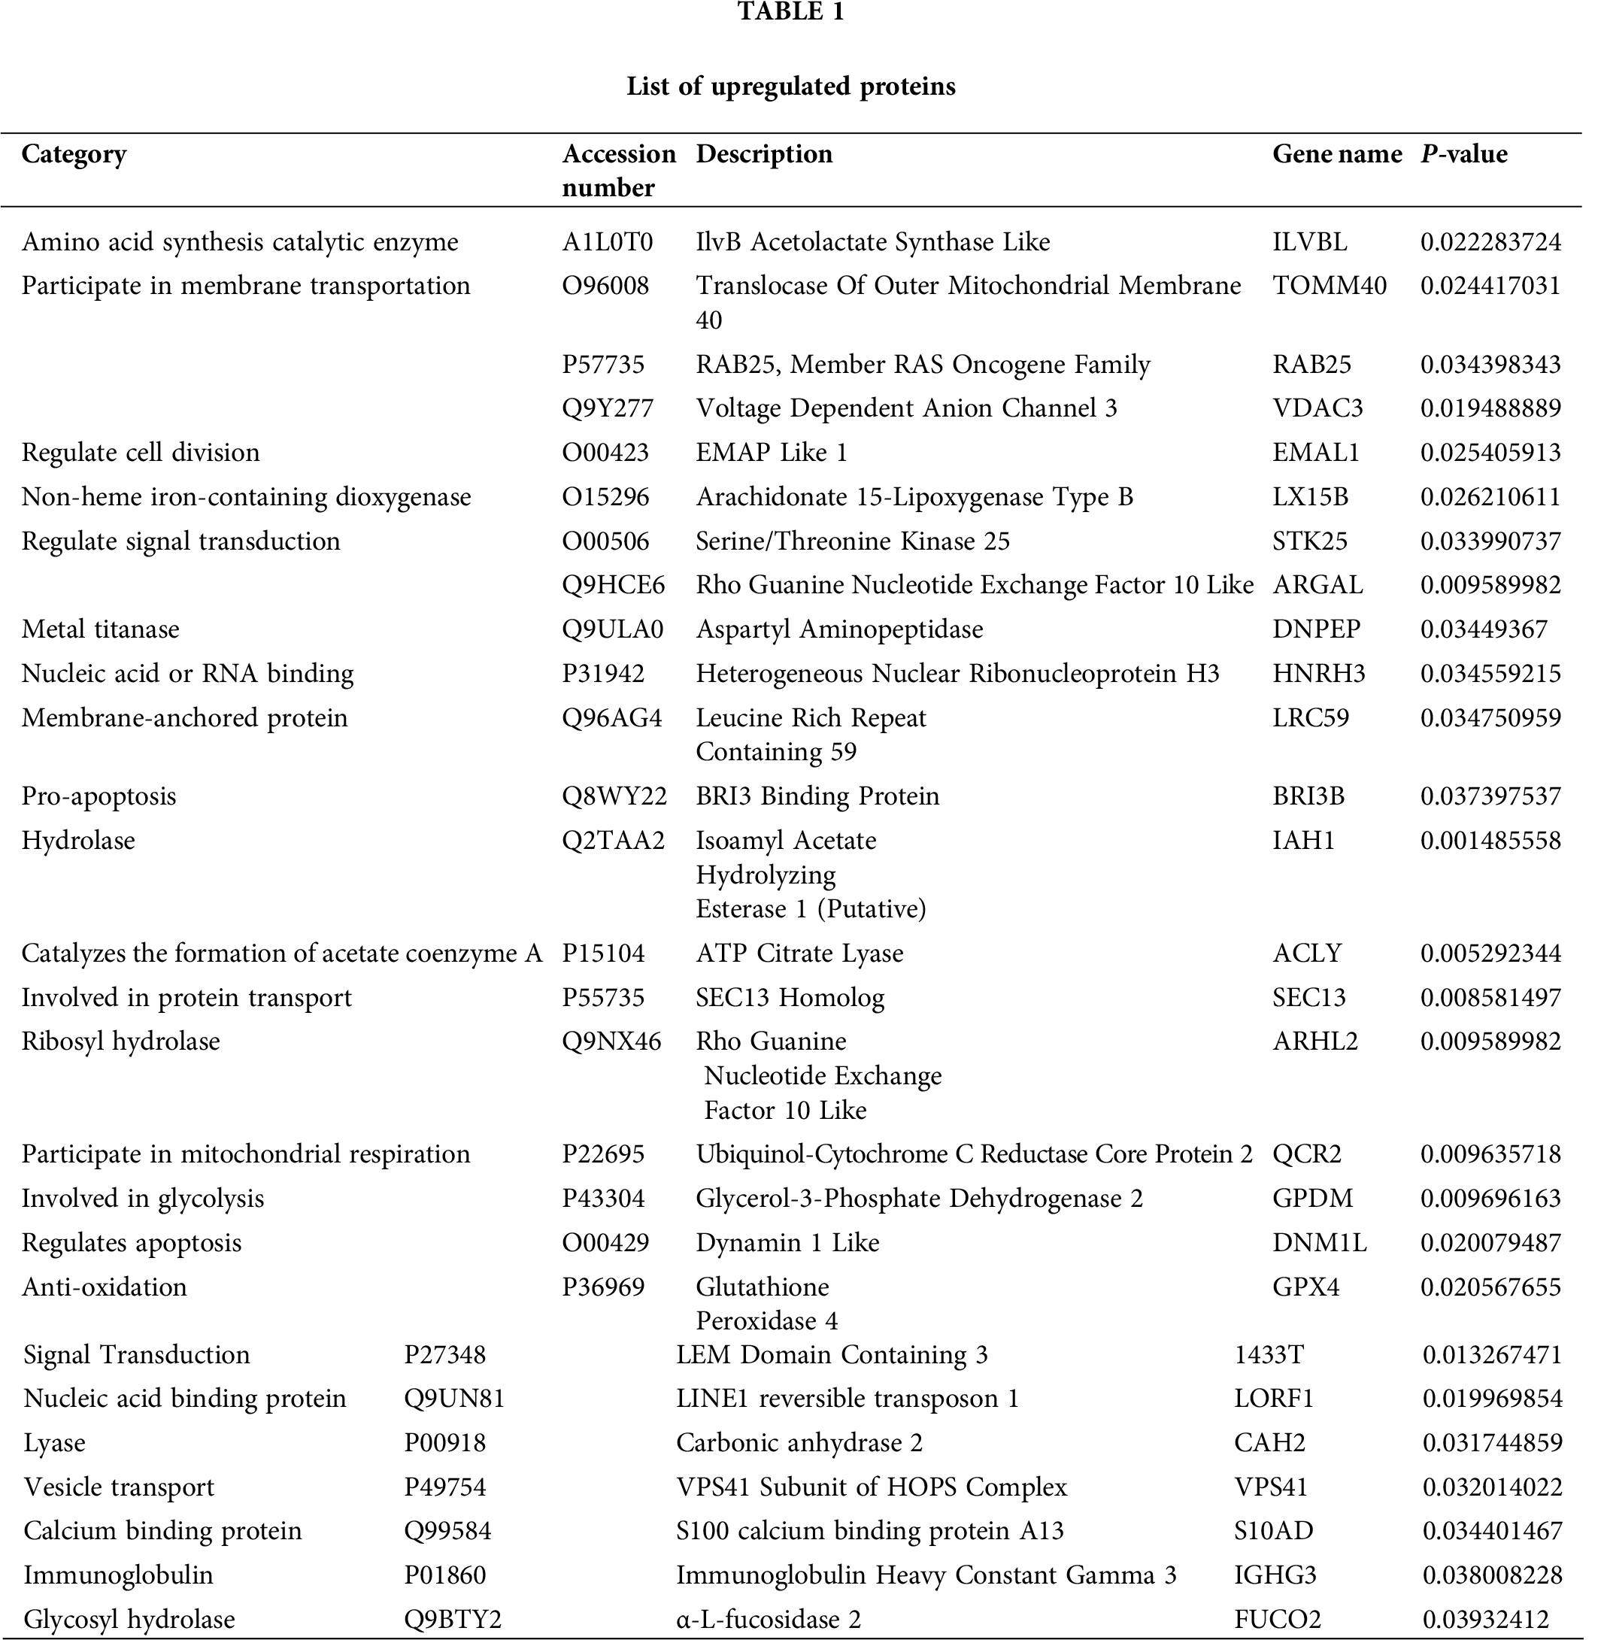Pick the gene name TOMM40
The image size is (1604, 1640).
click(1329, 286)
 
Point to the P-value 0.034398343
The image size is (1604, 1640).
click(1490, 365)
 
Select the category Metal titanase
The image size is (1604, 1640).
click(100, 629)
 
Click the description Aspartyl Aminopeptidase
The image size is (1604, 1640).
click(839, 629)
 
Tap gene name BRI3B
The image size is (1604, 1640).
click(1308, 796)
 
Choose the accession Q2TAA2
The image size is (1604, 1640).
click(614, 841)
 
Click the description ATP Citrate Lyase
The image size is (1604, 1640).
click(799, 953)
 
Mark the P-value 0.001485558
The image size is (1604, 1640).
click(1490, 841)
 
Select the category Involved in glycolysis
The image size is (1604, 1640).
click(142, 1199)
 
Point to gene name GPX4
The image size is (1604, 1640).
click(1305, 1287)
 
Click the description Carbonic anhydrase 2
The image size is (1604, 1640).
click(799, 1443)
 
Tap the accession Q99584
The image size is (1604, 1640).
click(447, 1530)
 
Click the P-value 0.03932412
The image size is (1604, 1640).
click(1485, 1619)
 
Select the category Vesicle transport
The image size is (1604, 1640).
click(119, 1487)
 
